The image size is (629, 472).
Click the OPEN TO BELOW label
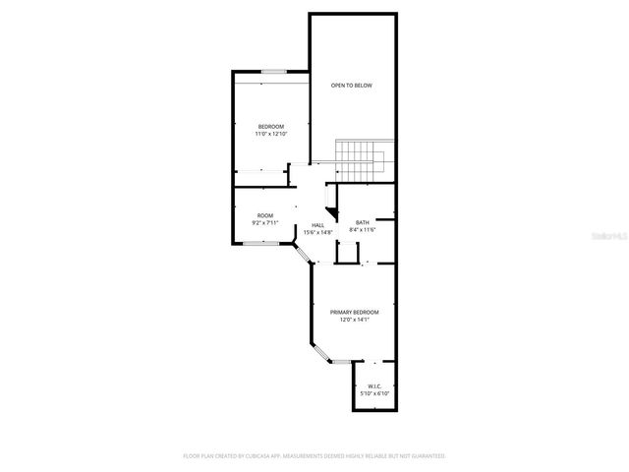(x=351, y=86)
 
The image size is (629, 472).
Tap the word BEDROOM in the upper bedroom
(x=271, y=126)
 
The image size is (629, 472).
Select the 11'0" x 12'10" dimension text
(x=271, y=134)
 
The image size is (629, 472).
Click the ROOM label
(x=265, y=215)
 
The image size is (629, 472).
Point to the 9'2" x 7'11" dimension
(x=265, y=223)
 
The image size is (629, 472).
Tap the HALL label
(x=318, y=224)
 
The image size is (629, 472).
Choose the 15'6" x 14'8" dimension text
(x=318, y=232)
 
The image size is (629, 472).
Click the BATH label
(x=363, y=222)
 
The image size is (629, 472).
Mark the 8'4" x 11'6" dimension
(x=363, y=230)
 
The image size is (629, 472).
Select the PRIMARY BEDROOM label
(x=354, y=312)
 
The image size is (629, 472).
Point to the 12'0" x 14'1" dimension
(x=354, y=320)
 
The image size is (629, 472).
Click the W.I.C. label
(x=374, y=385)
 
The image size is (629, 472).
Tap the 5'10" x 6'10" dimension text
(x=374, y=393)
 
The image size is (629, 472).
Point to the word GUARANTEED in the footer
(x=426, y=456)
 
